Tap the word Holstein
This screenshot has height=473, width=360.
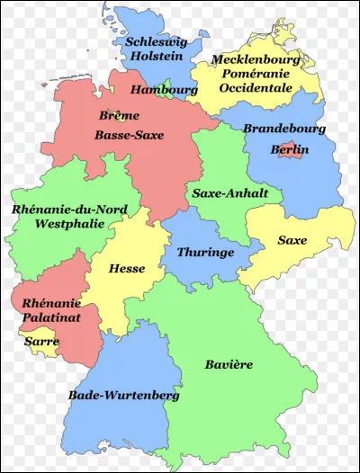(x=156, y=56)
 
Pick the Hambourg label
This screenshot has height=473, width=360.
(x=164, y=90)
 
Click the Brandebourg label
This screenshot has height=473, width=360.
(x=284, y=129)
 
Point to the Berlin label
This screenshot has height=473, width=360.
(x=290, y=150)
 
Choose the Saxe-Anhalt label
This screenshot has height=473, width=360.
(x=225, y=192)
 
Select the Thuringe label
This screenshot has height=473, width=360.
(x=205, y=253)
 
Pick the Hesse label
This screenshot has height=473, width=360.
(x=126, y=268)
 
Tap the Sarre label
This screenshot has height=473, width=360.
(x=41, y=343)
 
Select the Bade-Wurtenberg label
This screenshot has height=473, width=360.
(x=123, y=395)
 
